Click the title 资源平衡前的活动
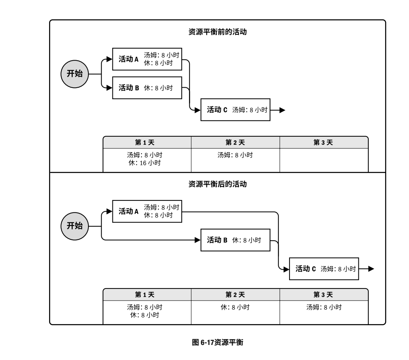pos(217,32)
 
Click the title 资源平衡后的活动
pos(217,184)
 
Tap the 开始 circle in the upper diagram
pos(75,73)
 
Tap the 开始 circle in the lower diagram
pos(75,226)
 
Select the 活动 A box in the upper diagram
pos(147,59)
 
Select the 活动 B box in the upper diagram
pos(147,88)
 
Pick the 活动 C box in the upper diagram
pos(235,110)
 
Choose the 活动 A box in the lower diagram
pos(147,211)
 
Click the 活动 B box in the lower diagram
pos(235,240)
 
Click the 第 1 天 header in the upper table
pos(147,143)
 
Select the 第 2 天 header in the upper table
pos(235,143)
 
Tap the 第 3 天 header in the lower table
pos(324,294)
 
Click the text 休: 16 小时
pos(145,163)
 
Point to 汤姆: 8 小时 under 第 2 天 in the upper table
pos(235,155)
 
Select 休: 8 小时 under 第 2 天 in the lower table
pos(235,307)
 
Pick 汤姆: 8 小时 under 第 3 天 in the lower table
pos(324,307)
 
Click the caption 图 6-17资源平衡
pos(217,342)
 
